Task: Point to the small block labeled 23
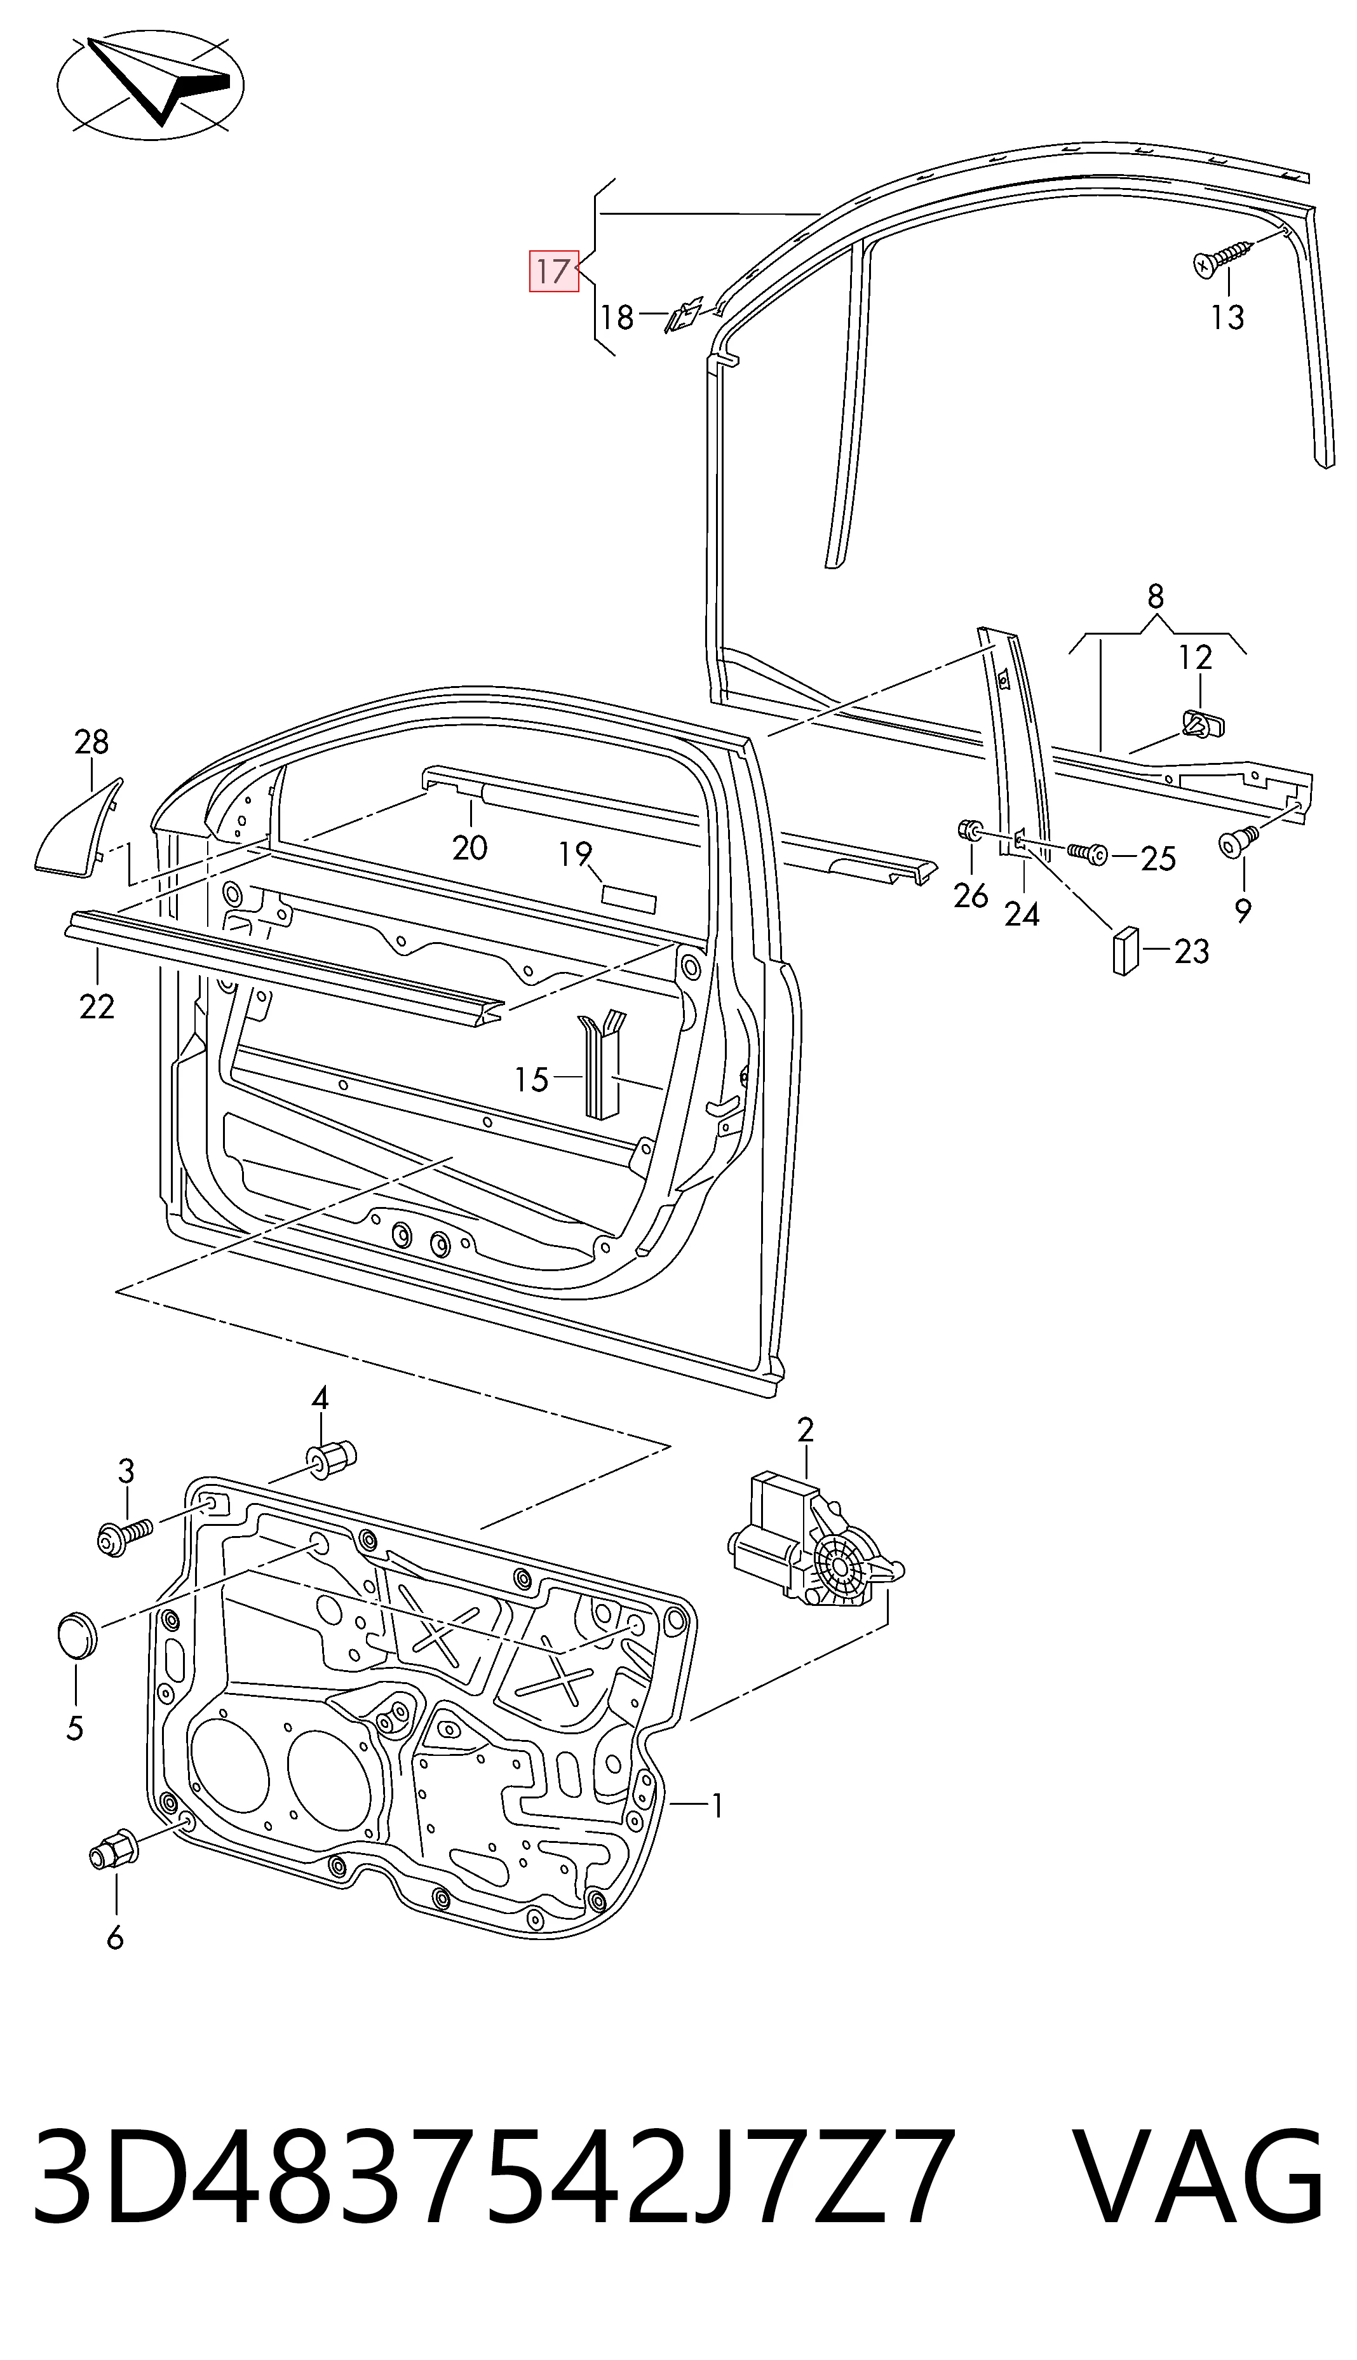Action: pyautogui.click(x=1125, y=951)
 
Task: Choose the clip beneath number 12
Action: pyautogui.click(x=1203, y=722)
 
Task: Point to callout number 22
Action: pyautogui.click(x=97, y=1006)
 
